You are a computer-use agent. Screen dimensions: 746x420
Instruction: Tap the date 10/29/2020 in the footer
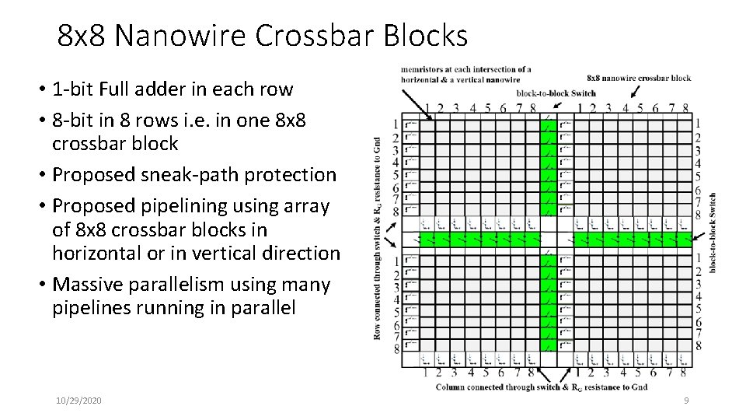[78, 400]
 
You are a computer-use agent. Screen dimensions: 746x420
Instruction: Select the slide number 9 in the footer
[686, 400]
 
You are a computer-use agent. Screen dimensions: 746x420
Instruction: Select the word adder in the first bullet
[188, 89]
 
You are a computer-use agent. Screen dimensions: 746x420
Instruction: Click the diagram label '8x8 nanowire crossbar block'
[639, 78]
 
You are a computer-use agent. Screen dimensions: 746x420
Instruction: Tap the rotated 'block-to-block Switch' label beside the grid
[713, 232]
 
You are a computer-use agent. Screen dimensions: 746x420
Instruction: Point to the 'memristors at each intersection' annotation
[466, 74]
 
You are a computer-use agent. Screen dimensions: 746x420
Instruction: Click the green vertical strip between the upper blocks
[549, 167]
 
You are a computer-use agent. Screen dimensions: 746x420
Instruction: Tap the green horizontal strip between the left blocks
[479, 238]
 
